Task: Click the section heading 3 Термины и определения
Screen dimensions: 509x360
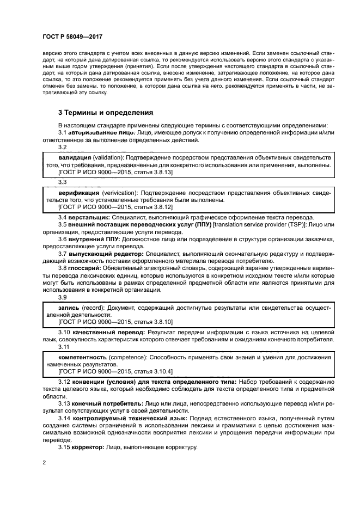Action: point(106,113)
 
